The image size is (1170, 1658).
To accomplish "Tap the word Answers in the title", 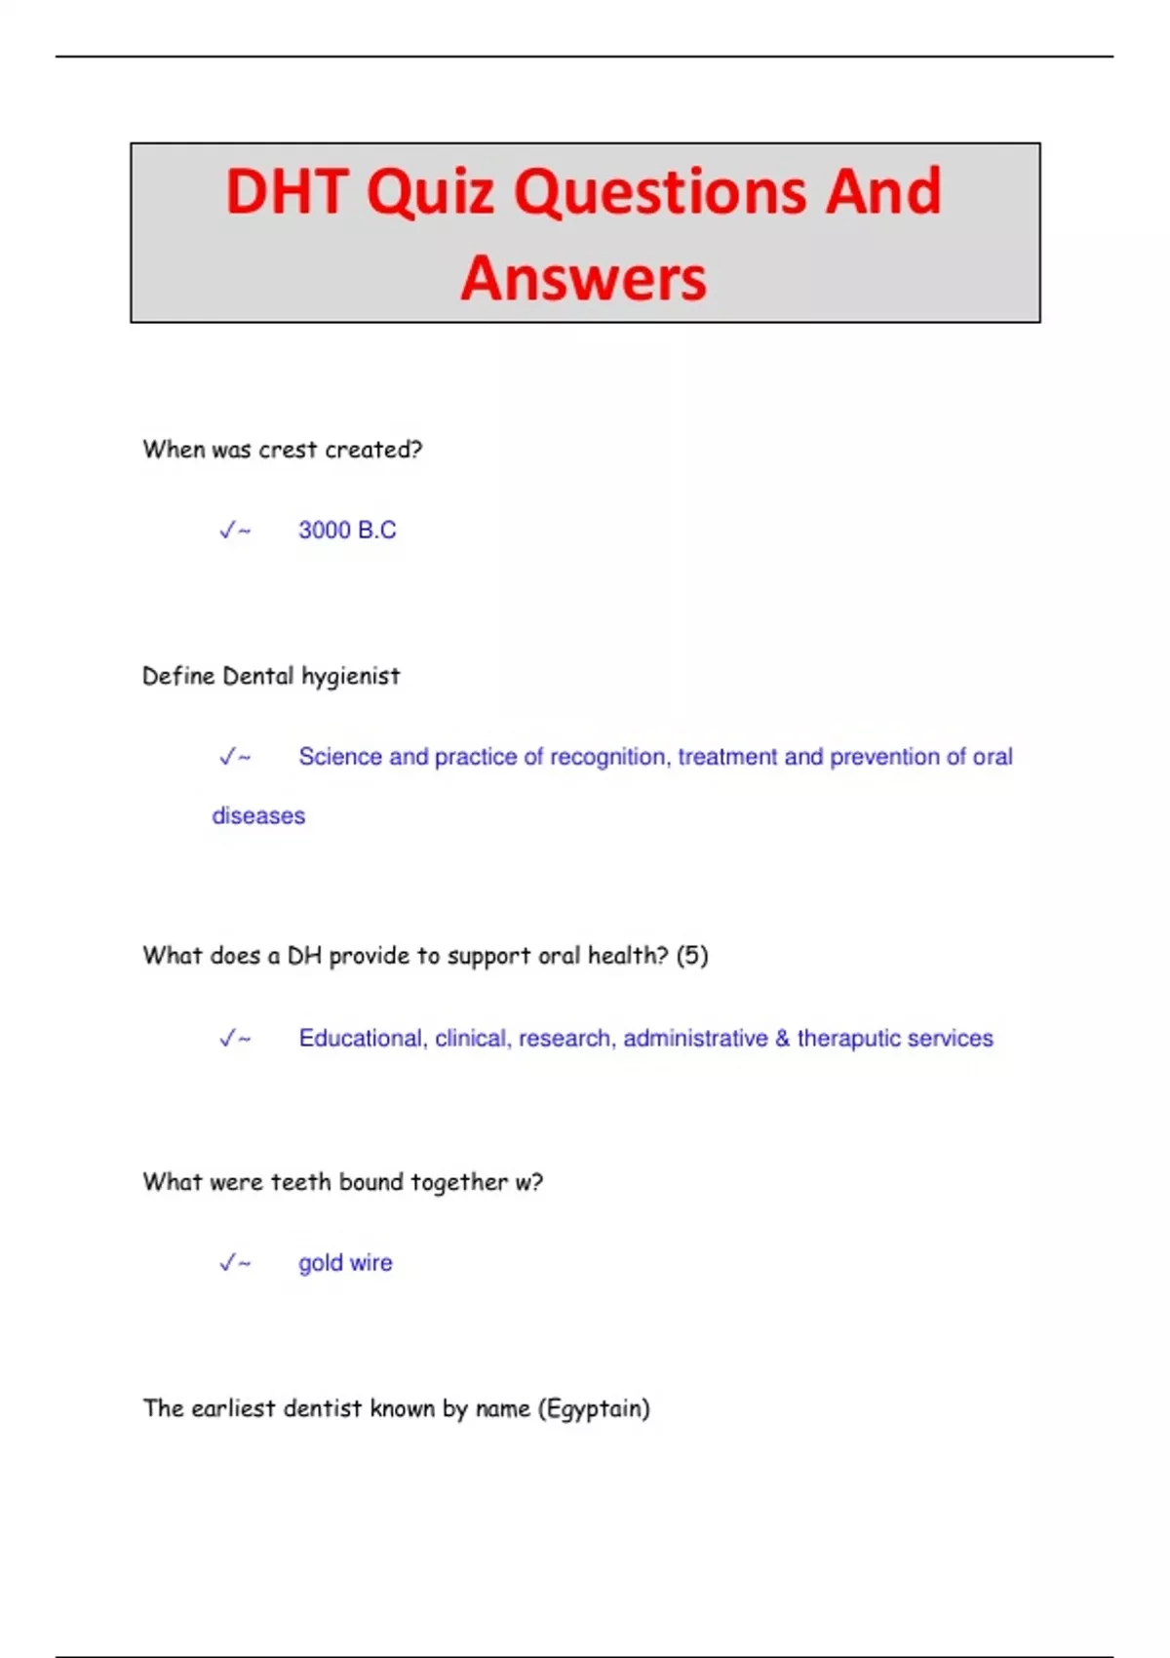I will coord(583,279).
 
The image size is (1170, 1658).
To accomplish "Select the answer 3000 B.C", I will coord(347,531).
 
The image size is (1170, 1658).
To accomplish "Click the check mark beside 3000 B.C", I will coord(228,531).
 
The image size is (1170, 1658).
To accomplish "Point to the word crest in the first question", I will coord(288,450).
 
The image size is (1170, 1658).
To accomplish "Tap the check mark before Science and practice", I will coord(228,757).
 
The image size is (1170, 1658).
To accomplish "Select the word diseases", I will coord(258,816).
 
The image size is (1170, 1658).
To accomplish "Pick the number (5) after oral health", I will coord(692,956).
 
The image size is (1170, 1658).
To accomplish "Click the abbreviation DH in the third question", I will coord(304,956).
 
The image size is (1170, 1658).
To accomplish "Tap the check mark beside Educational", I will coord(228,1039).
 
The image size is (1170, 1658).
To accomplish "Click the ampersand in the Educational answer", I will coord(783,1039).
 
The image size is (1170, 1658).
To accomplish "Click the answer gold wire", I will coord(345,1263).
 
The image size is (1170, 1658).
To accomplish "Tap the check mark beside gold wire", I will coord(228,1263).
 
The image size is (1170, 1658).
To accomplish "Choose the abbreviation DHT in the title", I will coord(288,192).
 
